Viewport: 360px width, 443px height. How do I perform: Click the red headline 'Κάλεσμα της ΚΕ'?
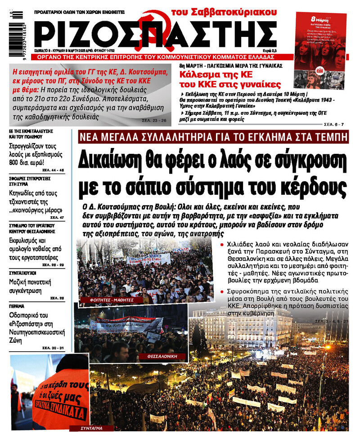point(212,75)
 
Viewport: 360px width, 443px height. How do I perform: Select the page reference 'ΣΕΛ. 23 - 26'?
point(154,120)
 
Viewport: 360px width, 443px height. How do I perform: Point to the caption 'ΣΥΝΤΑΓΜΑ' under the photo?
point(92,428)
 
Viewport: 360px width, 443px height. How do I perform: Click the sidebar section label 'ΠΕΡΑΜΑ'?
point(16,306)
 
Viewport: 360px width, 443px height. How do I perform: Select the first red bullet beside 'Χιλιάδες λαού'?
point(222,244)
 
